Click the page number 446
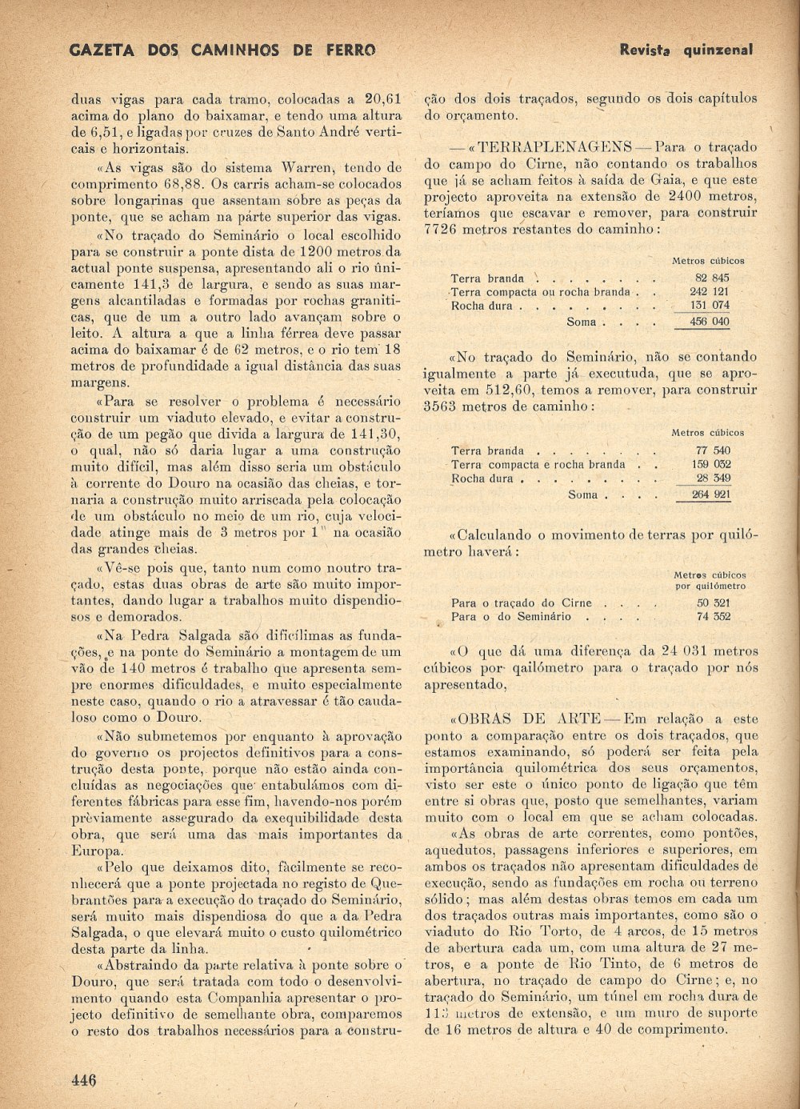pyautogui.click(x=83, y=1079)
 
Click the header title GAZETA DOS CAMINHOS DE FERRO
pyautogui.click(x=222, y=50)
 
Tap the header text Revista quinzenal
pyautogui.click(x=686, y=50)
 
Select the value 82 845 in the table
pyautogui.click(x=712, y=278)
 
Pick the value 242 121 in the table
pyautogui.click(x=710, y=292)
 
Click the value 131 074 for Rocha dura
pyautogui.click(x=710, y=306)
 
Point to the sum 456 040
pyautogui.click(x=710, y=322)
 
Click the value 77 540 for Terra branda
pyautogui.click(x=712, y=450)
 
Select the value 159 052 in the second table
pyautogui.click(x=710, y=464)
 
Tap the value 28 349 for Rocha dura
pyautogui.click(x=712, y=478)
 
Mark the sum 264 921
pyautogui.click(x=710, y=494)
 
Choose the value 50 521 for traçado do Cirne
pyautogui.click(x=714, y=603)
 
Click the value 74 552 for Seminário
pyautogui.click(x=714, y=617)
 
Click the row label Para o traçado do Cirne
pyautogui.click(x=522, y=603)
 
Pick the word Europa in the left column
pyautogui.click(x=97, y=851)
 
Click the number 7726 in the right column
pyautogui.click(x=440, y=230)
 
